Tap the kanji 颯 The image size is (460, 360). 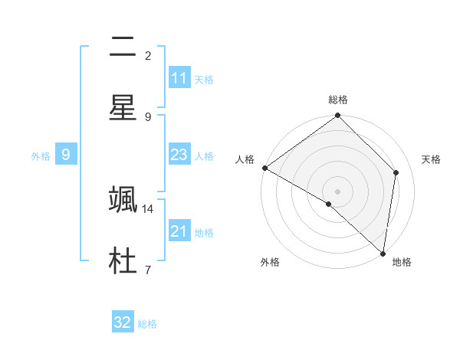point(123,199)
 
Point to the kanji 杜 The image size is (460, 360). point(123,259)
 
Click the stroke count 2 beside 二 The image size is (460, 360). point(148,56)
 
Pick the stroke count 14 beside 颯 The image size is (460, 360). point(148,208)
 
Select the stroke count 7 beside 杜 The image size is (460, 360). point(147,269)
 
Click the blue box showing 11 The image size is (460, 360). point(179,78)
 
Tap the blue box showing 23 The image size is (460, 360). point(179,155)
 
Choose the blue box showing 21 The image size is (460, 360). point(179,231)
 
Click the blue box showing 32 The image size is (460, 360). point(123,322)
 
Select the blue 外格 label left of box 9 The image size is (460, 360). point(41,155)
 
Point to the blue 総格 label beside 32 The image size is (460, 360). point(147,324)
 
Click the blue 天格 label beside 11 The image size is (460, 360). point(204,79)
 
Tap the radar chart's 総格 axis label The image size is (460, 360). point(338,100)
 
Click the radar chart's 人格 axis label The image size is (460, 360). point(245,159)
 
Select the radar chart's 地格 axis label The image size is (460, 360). point(402,262)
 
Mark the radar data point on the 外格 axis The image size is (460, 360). point(329,204)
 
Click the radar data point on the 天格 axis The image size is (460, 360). point(396,172)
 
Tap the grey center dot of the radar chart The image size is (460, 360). point(338,191)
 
